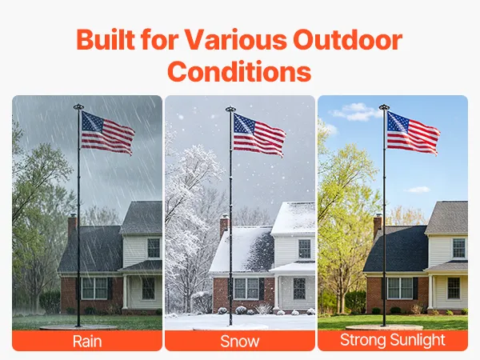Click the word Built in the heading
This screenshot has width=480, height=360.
106,39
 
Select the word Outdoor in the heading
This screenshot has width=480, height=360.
347,39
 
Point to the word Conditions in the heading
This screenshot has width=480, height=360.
239,71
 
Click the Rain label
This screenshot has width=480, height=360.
87,341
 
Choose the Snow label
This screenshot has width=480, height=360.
240,341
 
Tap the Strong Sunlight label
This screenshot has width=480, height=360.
393,340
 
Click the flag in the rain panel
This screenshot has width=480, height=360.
108,133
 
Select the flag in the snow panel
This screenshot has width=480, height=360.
259,134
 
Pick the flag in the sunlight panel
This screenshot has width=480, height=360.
414,133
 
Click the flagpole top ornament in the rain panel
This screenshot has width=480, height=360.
78,107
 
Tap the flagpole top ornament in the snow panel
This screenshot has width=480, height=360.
230,109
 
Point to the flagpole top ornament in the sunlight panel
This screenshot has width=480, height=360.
384,107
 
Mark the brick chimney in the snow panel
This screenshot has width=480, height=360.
224,226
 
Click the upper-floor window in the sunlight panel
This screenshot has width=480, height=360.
459,248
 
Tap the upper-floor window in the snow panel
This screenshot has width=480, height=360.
304,249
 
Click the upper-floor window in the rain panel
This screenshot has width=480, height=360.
154,248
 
